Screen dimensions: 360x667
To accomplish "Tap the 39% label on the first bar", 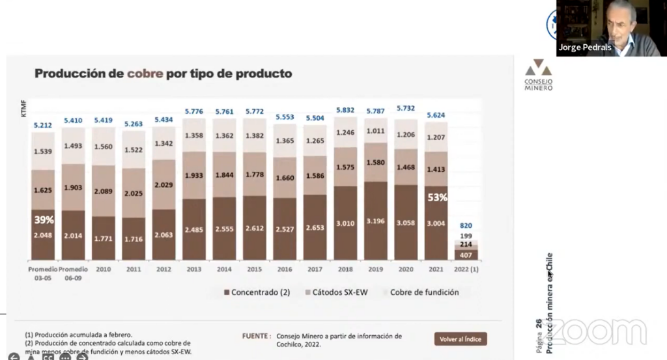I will tap(43, 221).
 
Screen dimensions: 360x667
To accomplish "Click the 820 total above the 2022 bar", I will tap(467, 227).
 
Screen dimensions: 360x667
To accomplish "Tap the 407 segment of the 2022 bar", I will tap(467, 255).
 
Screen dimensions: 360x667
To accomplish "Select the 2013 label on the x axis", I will tap(194, 269).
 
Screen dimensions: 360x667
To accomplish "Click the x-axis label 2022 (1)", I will tap(467, 269).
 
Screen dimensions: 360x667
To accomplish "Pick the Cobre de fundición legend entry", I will tap(424, 292).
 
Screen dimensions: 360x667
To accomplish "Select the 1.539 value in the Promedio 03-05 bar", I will tap(43, 151).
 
